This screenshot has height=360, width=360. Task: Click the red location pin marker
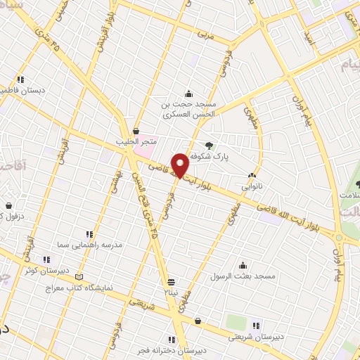tap(181, 164)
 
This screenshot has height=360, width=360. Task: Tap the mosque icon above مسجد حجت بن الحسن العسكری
tap(188, 94)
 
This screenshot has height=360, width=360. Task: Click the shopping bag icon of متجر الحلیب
tap(136, 131)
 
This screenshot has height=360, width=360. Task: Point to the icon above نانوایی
tap(251, 175)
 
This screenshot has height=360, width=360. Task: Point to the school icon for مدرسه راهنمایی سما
tap(89, 234)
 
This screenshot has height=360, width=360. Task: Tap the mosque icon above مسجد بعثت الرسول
tap(243, 265)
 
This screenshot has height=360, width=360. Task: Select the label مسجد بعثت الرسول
tap(247, 276)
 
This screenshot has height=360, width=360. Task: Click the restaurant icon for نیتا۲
tap(169, 279)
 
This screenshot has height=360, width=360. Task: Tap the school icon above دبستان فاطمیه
tap(21, 79)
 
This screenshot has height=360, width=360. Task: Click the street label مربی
tap(205, 33)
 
